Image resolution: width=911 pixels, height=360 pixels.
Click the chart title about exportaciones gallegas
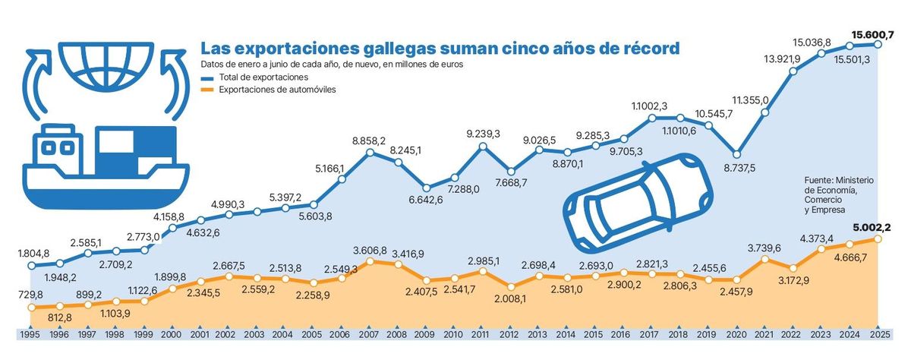(439, 48)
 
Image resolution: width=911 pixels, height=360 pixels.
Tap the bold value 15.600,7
(878, 34)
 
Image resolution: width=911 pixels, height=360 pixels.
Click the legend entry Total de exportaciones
(262, 77)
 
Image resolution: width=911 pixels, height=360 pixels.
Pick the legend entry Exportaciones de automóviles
(277, 90)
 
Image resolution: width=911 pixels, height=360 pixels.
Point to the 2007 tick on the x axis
(370, 334)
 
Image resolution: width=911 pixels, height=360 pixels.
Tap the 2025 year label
(880, 334)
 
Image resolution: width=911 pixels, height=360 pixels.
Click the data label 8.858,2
(369, 141)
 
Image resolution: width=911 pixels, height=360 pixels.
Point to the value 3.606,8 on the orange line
(370, 250)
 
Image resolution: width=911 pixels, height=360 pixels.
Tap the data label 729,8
(30, 293)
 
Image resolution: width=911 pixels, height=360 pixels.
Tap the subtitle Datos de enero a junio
(332, 65)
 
